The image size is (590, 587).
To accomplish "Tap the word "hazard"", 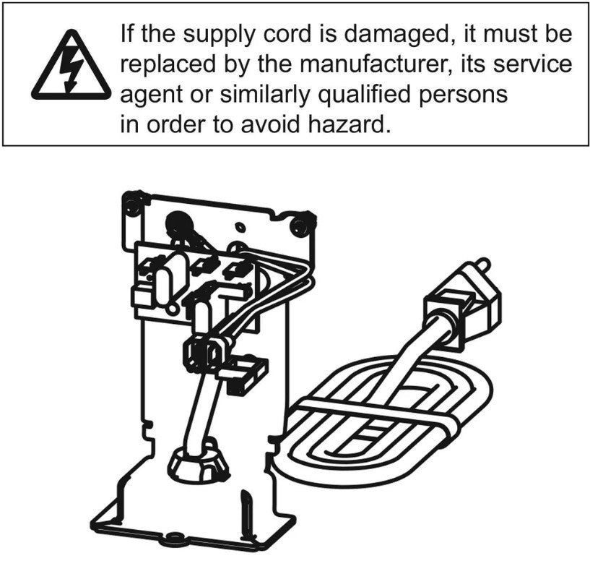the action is [349, 124].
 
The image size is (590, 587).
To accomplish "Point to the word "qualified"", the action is [363, 95].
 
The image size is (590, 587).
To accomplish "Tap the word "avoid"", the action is [270, 124].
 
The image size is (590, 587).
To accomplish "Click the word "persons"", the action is [463, 95].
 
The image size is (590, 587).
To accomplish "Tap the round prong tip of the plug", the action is [485, 262].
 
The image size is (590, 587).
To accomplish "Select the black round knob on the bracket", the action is [181, 224].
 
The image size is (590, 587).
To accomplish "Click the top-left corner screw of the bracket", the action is [132, 205].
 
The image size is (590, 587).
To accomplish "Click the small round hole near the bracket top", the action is [240, 228].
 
